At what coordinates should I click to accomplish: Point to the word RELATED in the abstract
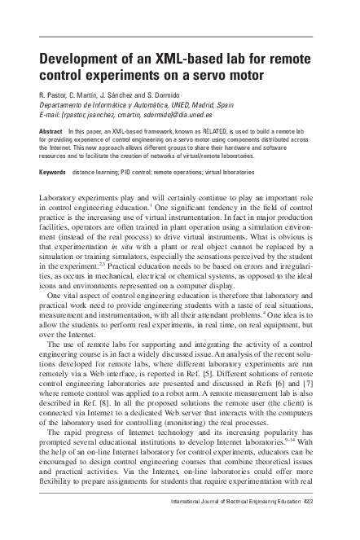click(x=195, y=130)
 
